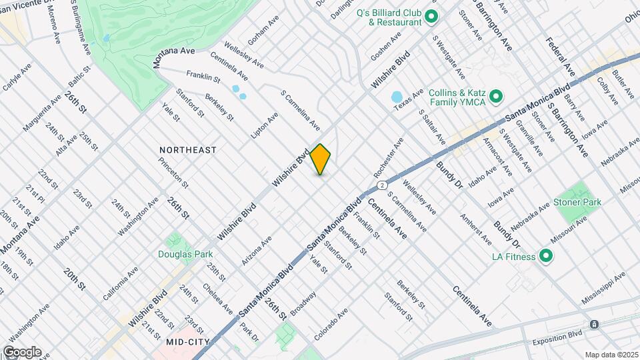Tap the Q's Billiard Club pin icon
pos(431,17)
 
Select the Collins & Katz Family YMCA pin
pos(495,97)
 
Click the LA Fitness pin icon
pos(545,256)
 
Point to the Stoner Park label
pos(577,202)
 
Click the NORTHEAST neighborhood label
pos(188,150)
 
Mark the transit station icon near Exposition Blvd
pos(594,324)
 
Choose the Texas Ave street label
pos(408,100)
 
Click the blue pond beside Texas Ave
pos(396,98)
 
